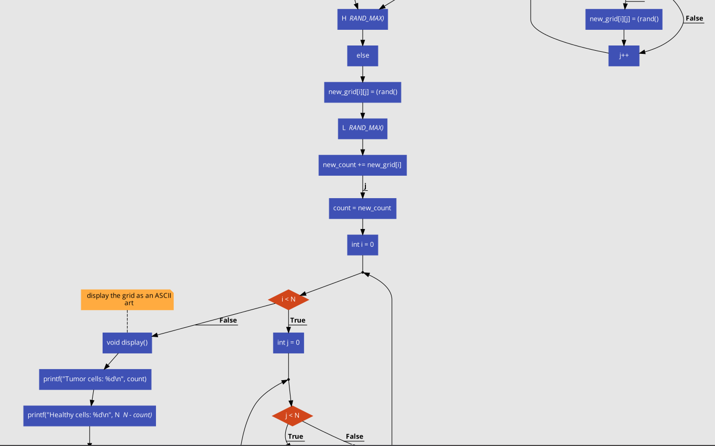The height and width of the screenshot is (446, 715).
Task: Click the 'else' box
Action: pos(362,55)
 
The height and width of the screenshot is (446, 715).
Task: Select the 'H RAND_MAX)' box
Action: pos(362,19)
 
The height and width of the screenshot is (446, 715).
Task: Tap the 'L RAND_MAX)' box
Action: pos(362,128)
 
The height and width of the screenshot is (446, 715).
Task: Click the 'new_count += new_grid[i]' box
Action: pos(362,165)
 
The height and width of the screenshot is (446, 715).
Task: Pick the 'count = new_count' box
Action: pos(362,208)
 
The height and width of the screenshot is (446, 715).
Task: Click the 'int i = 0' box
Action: pos(362,245)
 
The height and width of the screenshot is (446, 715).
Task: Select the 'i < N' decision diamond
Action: pos(288,300)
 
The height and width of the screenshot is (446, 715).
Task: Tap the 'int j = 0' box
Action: pos(288,343)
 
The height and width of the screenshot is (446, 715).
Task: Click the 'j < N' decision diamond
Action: pos(293,416)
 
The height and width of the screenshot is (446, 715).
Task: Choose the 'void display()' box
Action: pos(127,343)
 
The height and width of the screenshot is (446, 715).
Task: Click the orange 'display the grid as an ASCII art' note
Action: pos(127,300)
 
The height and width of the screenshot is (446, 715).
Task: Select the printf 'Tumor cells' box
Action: pos(95,379)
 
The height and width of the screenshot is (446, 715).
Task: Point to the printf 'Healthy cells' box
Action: pos(90,416)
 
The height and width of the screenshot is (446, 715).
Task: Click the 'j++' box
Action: pos(623,55)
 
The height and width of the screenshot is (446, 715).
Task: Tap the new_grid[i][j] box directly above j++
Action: pos(623,19)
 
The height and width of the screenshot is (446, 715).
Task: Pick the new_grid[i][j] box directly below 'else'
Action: pos(362,92)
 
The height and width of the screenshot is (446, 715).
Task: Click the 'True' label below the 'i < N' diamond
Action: pos(298,321)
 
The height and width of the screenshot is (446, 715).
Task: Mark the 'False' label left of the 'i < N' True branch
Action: pos(228,321)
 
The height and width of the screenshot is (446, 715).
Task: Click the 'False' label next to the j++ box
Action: pos(694,19)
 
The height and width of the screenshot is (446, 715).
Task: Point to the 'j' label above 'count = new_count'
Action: pos(365,186)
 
